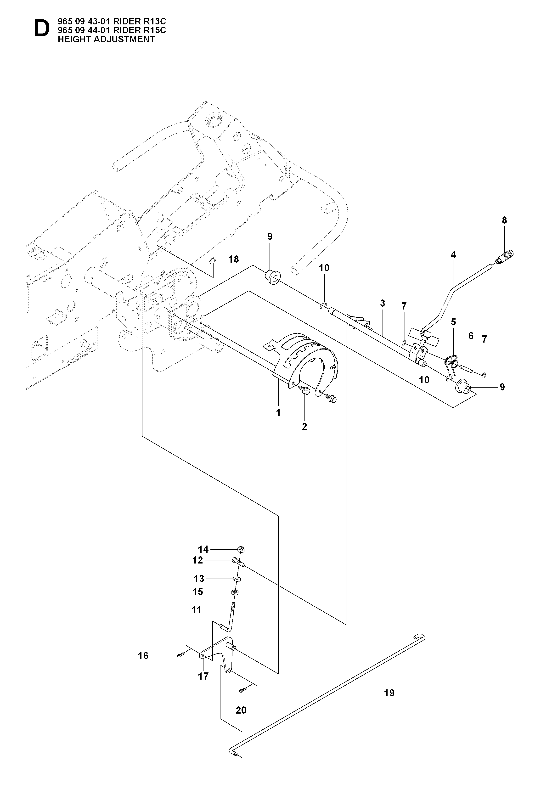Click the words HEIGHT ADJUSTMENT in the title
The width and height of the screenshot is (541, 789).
pyautogui.click(x=106, y=39)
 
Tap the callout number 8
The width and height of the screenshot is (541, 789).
pyautogui.click(x=504, y=220)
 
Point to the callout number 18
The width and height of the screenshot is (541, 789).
pyautogui.click(x=233, y=259)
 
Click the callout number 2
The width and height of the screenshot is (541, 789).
pyautogui.click(x=304, y=427)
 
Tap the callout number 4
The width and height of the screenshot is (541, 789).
pyautogui.click(x=453, y=255)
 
